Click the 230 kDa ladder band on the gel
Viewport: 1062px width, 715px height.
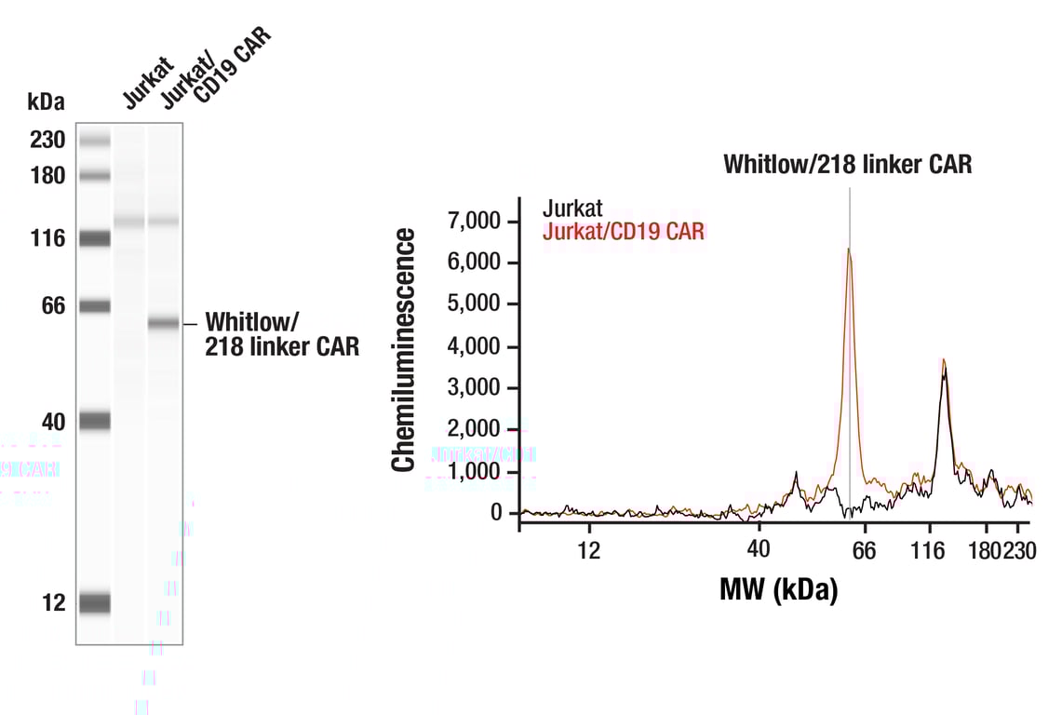pos(94,141)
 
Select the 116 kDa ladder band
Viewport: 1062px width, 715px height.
pos(94,239)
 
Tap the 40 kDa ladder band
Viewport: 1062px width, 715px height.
pos(94,422)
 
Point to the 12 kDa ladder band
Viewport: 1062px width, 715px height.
pos(94,603)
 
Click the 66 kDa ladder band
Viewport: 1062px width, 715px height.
pos(94,306)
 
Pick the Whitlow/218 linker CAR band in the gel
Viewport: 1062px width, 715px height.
pos(163,324)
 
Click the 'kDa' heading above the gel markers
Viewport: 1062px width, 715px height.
pos(47,101)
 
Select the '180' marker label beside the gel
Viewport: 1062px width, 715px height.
pos(47,176)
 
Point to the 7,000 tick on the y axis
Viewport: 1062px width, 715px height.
pos(475,222)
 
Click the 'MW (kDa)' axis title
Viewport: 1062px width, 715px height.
pos(778,589)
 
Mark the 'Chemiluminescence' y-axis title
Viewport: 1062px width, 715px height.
pos(403,349)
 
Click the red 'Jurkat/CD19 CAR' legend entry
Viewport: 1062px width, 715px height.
pos(623,230)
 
